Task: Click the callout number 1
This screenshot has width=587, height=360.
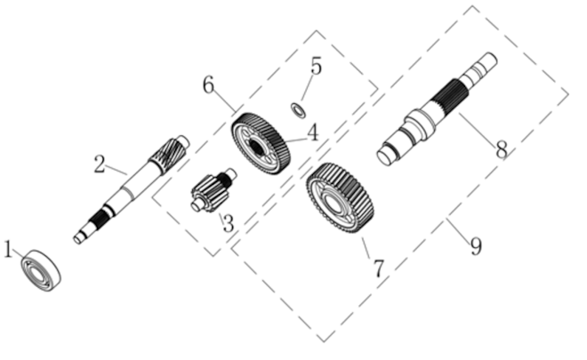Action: tap(7, 249)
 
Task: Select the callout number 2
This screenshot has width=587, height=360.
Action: tap(100, 164)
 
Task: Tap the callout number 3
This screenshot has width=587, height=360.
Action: tap(228, 223)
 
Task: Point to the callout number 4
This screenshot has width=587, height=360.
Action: tap(312, 132)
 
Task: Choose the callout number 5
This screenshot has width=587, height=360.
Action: tap(317, 67)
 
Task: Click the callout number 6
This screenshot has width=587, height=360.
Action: tap(208, 84)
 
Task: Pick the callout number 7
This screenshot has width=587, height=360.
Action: tap(379, 268)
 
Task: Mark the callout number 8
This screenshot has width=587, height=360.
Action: tap(502, 149)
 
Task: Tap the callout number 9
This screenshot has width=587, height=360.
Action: tap(476, 246)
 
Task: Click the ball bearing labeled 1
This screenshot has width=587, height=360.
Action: tap(41, 270)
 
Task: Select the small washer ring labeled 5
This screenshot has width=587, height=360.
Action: tap(298, 110)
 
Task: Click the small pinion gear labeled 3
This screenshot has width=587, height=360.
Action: tap(213, 189)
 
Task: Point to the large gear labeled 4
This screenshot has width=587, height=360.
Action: tap(261, 144)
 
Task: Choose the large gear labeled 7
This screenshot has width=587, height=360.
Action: tap(340, 198)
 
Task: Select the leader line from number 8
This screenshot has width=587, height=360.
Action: tap(478, 128)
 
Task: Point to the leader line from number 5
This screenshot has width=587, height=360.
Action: tap(307, 87)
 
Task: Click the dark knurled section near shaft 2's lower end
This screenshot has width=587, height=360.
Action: tap(100, 219)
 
